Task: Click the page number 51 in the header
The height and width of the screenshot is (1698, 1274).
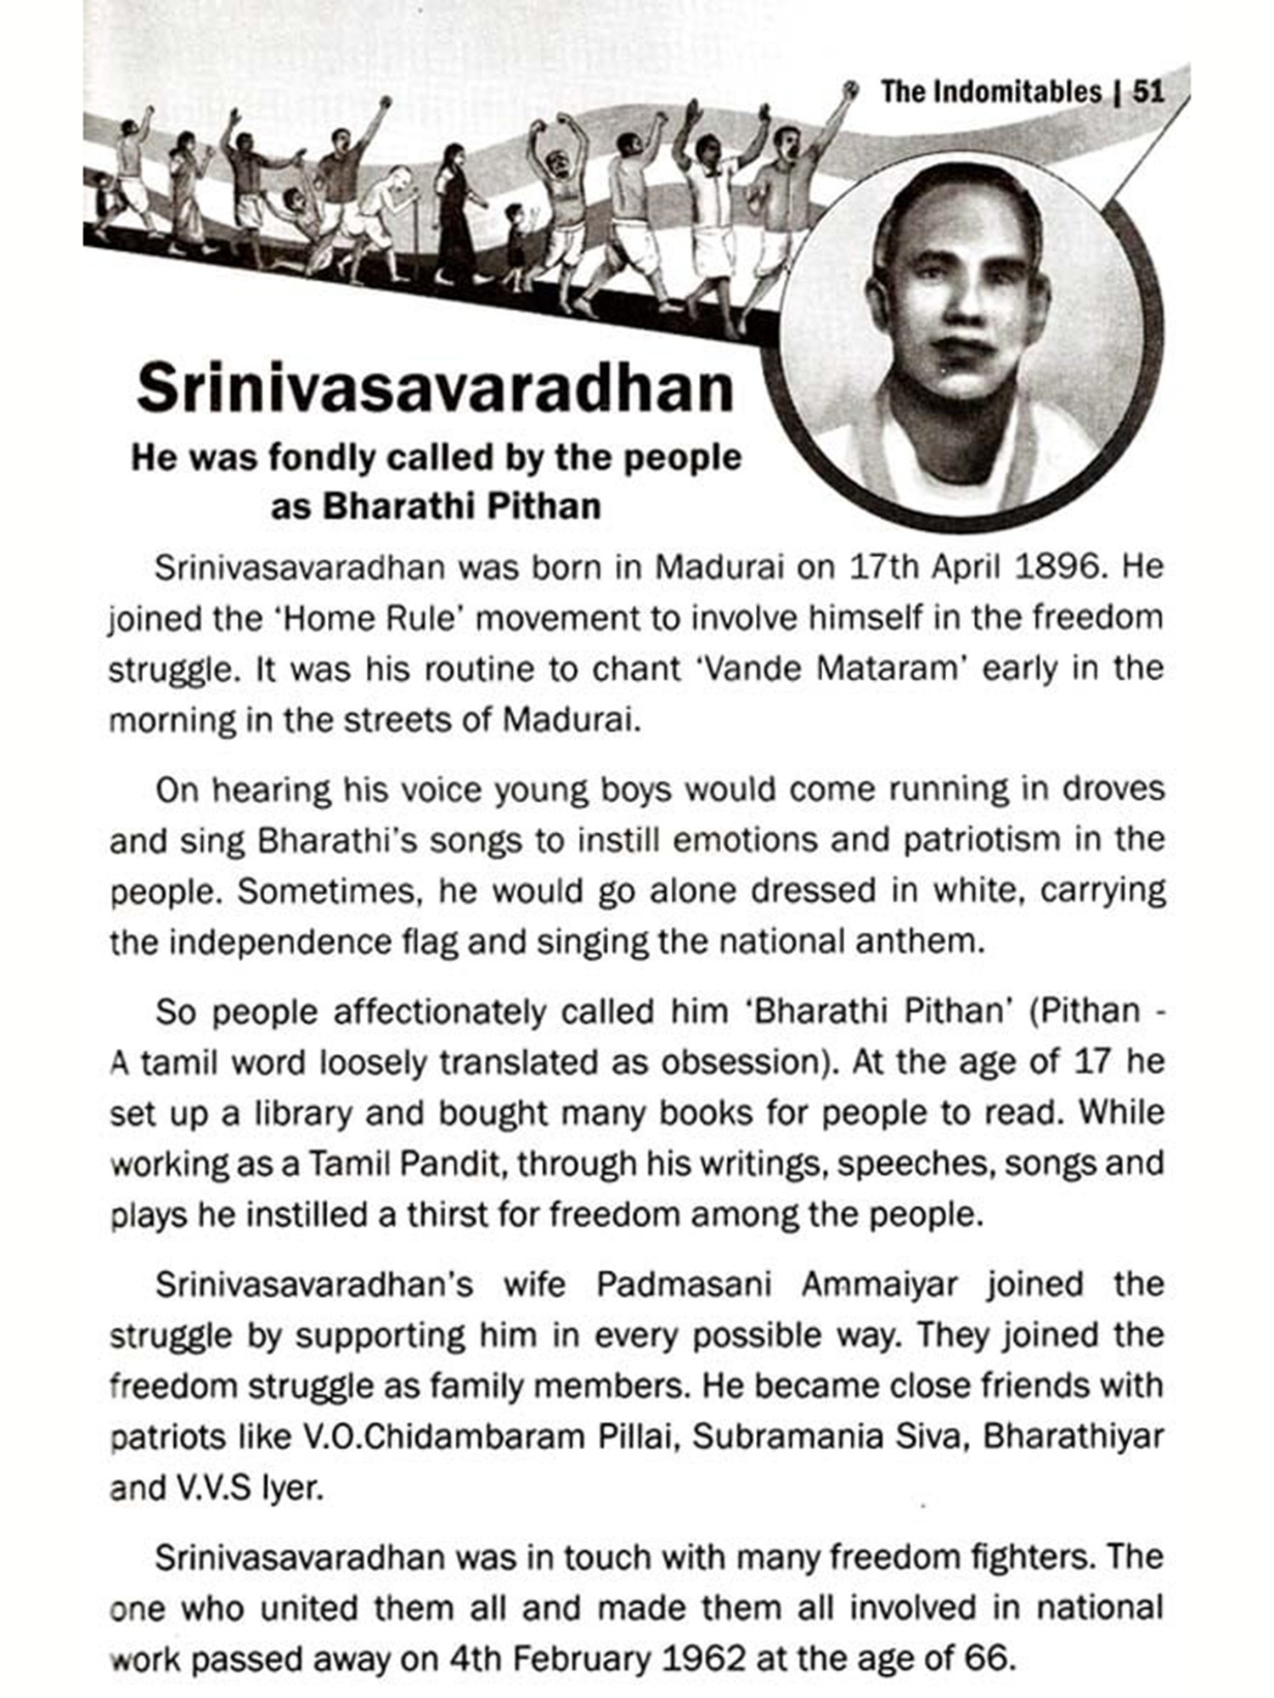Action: point(1147,91)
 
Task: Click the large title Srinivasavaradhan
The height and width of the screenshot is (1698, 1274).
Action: point(435,388)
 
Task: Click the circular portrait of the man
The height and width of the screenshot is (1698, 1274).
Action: point(968,340)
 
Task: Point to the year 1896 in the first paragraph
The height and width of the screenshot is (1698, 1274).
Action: point(1062,566)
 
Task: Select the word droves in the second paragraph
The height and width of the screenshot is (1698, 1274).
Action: point(1116,789)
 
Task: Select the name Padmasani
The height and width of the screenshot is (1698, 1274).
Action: point(684,1285)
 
